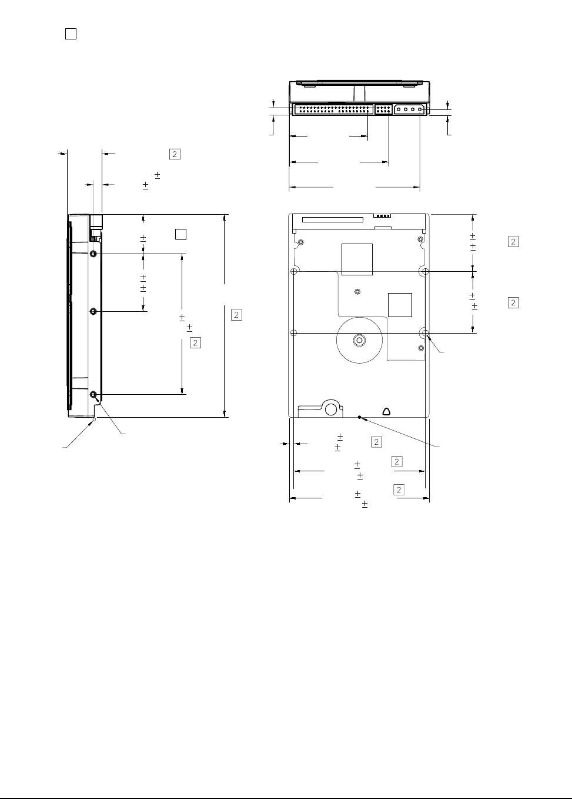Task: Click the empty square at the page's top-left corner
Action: point(71,34)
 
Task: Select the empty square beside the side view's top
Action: point(180,234)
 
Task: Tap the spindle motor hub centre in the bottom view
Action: point(359,340)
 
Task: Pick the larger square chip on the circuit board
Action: point(357,259)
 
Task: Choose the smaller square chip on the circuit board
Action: point(400,305)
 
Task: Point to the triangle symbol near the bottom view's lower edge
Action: point(386,412)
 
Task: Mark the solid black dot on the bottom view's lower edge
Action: point(360,417)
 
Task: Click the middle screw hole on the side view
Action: point(93,311)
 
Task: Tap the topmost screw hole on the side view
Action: point(93,254)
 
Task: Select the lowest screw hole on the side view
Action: point(93,395)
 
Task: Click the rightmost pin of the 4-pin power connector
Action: point(420,109)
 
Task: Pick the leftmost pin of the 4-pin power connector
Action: point(399,109)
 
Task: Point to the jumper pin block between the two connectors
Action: point(383,109)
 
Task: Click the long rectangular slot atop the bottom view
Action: point(333,219)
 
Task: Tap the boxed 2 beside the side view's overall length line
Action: point(237,315)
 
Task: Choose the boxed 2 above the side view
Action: point(175,155)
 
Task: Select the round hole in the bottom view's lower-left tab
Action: point(331,410)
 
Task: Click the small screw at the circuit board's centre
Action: point(357,292)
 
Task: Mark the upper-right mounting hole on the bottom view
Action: point(425,271)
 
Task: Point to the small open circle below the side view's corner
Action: point(94,420)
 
